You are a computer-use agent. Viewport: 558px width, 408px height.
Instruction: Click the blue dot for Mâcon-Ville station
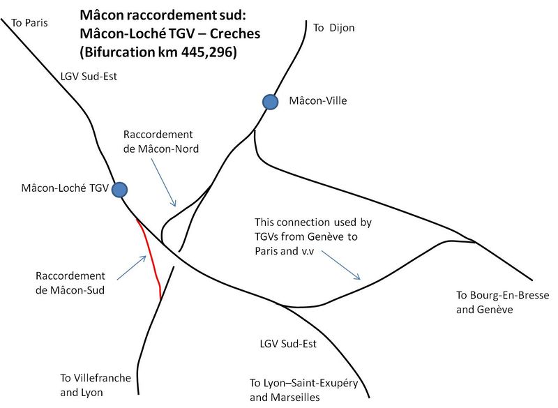click(271, 102)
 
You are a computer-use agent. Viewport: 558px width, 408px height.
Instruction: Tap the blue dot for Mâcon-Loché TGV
click(119, 190)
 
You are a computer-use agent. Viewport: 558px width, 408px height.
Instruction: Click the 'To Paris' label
click(29, 23)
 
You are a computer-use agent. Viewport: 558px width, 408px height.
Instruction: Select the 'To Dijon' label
click(334, 28)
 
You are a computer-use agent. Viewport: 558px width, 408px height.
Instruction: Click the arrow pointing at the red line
click(132, 268)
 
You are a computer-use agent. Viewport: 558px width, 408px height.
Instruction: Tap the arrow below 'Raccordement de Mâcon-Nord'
click(164, 182)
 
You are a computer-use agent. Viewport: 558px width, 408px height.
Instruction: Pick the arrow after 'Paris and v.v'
click(341, 265)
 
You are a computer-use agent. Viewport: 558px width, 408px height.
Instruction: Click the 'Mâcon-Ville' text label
click(318, 100)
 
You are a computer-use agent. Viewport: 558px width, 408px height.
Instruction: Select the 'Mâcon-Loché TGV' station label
click(65, 188)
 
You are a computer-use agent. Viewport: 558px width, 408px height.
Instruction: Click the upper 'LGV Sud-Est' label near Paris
click(89, 77)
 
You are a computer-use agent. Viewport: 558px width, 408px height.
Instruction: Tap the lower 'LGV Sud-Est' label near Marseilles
click(288, 344)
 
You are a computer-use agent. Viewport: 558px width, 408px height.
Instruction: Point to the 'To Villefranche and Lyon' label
click(96, 385)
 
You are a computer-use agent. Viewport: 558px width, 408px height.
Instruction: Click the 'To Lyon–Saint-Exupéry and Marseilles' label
click(303, 390)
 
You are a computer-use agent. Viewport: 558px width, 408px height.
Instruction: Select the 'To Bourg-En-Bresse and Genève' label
click(502, 302)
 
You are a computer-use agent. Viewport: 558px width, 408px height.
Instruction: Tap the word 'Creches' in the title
click(235, 33)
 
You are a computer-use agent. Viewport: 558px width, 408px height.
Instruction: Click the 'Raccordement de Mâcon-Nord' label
click(161, 141)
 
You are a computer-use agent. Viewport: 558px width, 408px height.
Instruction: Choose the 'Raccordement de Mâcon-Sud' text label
click(70, 282)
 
